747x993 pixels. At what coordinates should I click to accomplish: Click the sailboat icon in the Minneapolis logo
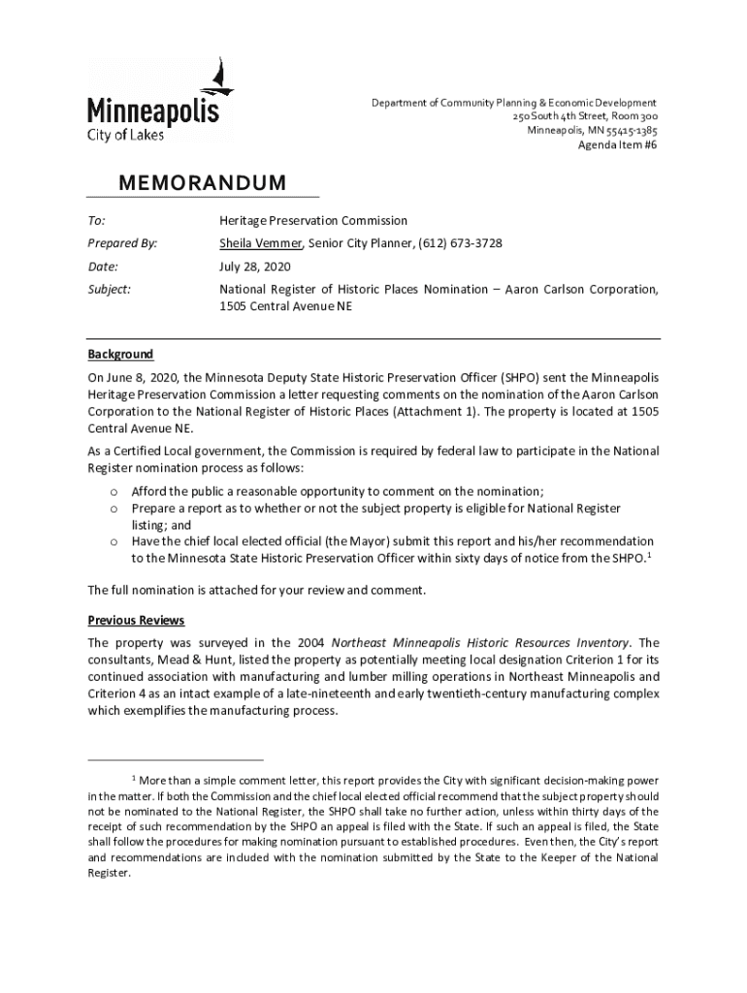tap(222, 77)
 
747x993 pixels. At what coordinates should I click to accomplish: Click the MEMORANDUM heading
tap(202, 183)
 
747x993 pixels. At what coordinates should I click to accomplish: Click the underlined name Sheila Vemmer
tap(260, 242)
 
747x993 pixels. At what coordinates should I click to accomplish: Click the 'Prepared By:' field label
tap(122, 242)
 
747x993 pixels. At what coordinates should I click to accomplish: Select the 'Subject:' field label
tap(110, 289)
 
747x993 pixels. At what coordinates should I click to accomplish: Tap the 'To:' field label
tap(97, 220)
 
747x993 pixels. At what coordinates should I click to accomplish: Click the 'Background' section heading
tap(120, 355)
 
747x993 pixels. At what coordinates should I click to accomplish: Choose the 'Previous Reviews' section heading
tap(136, 621)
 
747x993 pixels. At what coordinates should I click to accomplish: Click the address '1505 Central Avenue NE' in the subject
tap(286, 306)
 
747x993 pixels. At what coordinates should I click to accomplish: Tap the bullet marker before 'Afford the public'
tap(113, 492)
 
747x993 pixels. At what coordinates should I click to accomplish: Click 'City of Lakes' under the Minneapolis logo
tap(126, 135)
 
